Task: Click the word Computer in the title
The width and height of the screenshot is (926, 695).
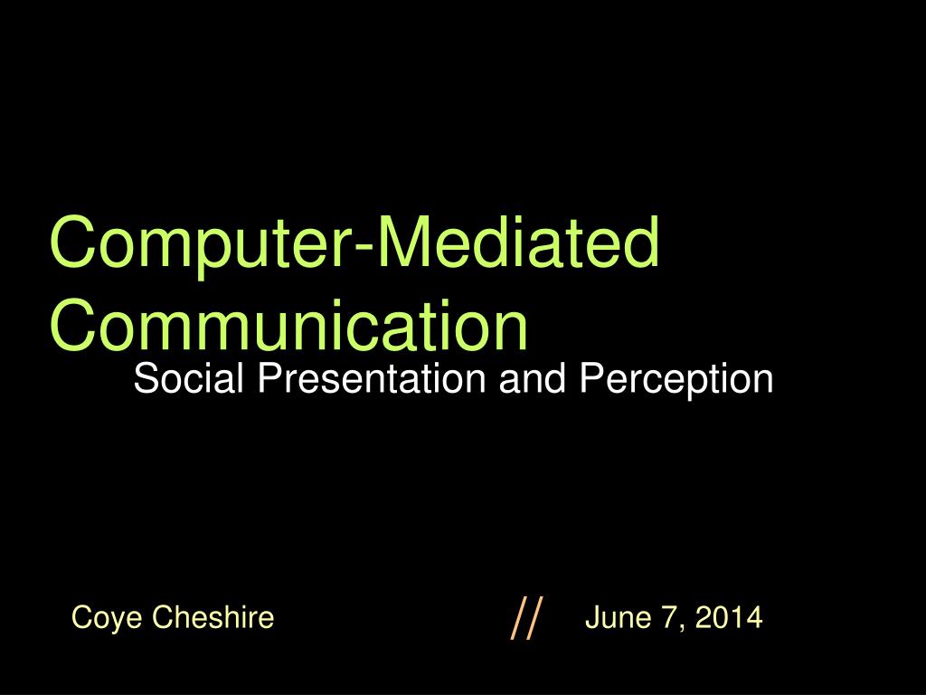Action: tap(201, 245)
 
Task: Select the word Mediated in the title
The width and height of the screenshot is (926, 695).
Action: tap(518, 242)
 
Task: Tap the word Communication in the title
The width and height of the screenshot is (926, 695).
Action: tap(288, 325)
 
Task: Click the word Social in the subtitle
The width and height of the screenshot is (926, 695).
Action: tap(188, 378)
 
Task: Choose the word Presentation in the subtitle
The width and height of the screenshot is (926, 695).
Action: tap(372, 378)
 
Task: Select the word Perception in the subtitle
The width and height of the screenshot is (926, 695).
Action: tap(676, 381)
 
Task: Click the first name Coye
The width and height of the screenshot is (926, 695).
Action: tap(107, 618)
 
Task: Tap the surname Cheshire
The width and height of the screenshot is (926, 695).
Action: tap(213, 616)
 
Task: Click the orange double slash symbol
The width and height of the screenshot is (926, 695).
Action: tap(526, 618)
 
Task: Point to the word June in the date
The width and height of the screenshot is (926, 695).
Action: tap(619, 617)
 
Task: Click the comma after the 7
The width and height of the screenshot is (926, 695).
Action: tap(684, 629)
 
